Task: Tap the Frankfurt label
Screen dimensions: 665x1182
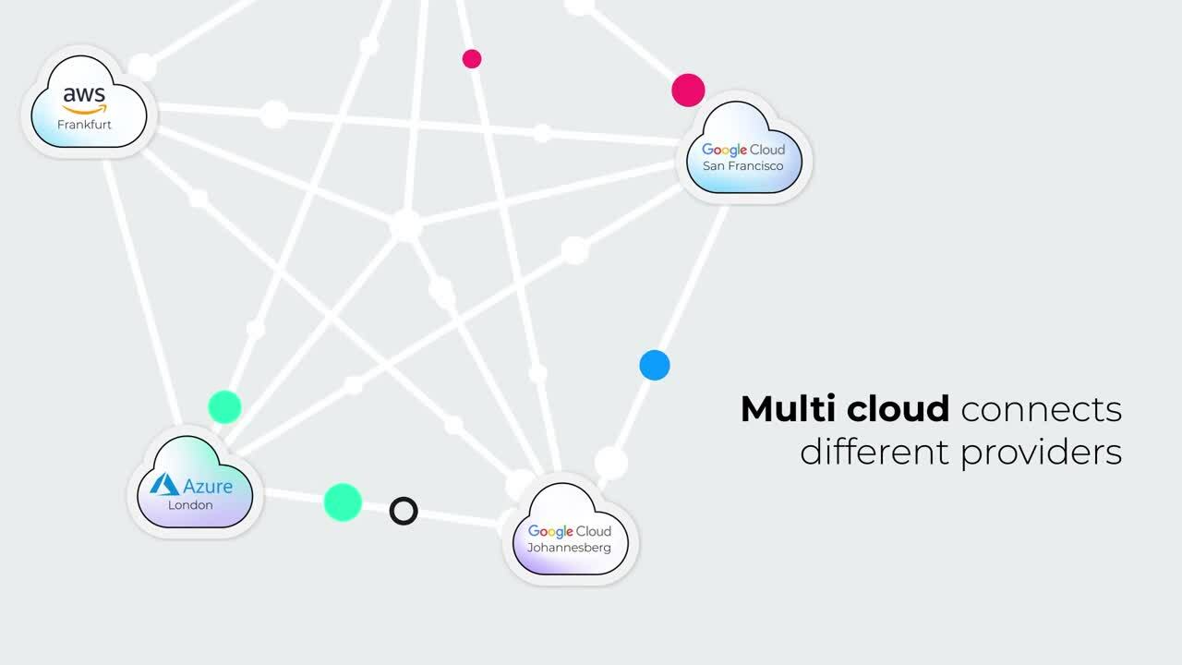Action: pyautogui.click(x=84, y=125)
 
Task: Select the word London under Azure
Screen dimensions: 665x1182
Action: pyautogui.click(x=190, y=505)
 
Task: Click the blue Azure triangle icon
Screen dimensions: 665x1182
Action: pyautogui.click(x=164, y=485)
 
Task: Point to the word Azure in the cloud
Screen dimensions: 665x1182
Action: pyautogui.click(x=208, y=486)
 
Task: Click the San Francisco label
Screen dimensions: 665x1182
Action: pyautogui.click(x=742, y=166)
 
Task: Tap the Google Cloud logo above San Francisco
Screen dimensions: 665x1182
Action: pyautogui.click(x=743, y=150)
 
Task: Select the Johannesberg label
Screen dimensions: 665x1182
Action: pyautogui.click(x=569, y=548)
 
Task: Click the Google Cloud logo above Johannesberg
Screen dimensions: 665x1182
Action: pyautogui.click(x=570, y=531)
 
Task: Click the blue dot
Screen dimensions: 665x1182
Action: pyautogui.click(x=655, y=365)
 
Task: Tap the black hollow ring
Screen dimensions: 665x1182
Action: pyautogui.click(x=404, y=511)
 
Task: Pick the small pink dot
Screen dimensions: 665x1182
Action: pyautogui.click(x=472, y=59)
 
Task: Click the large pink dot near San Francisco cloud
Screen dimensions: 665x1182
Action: pyautogui.click(x=688, y=91)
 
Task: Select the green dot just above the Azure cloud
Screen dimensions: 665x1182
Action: pyautogui.click(x=224, y=406)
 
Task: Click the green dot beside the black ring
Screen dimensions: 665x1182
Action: pyautogui.click(x=343, y=502)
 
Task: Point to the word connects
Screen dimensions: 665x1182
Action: pyautogui.click(x=1042, y=410)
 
